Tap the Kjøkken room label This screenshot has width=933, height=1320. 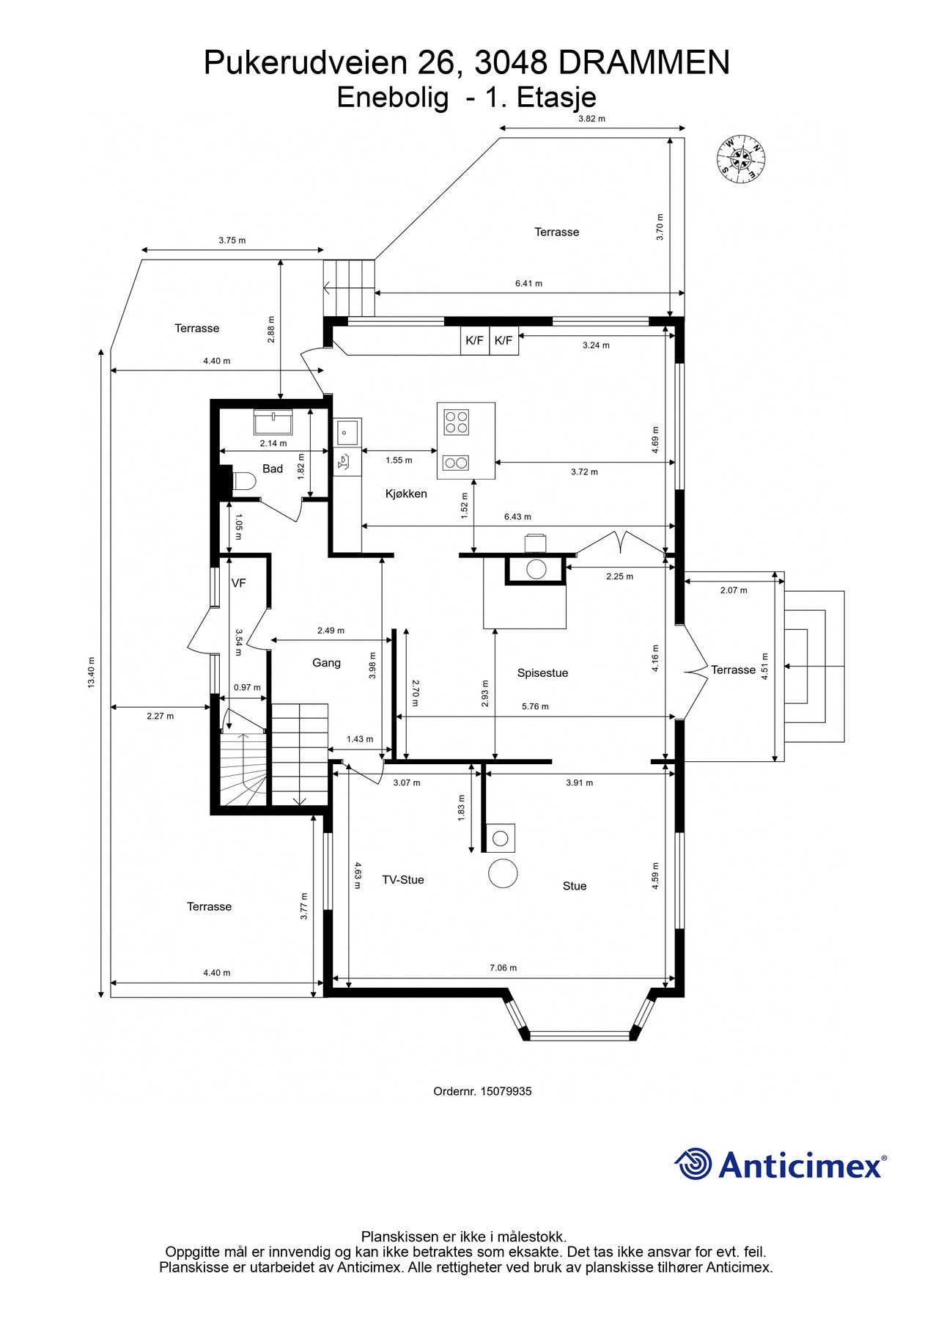406,494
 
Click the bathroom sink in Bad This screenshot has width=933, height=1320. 273,422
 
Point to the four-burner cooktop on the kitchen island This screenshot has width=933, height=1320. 456,422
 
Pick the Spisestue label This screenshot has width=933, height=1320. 542,673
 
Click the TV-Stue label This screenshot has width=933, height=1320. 403,880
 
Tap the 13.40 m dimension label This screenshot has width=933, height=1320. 92,672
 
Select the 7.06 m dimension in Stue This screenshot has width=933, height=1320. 503,968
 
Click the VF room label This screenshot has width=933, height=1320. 238,584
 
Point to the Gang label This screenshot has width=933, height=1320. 326,663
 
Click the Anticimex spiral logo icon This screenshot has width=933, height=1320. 693,1164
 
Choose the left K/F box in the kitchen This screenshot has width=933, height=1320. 475,340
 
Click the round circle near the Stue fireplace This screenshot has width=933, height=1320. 503,873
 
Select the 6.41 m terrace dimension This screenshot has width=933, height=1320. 528,283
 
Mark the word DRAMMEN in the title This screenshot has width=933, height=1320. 644,63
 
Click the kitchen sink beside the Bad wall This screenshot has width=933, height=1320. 347,432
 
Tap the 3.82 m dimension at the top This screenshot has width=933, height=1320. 591,119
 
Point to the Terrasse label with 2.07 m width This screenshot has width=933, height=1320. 733,670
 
